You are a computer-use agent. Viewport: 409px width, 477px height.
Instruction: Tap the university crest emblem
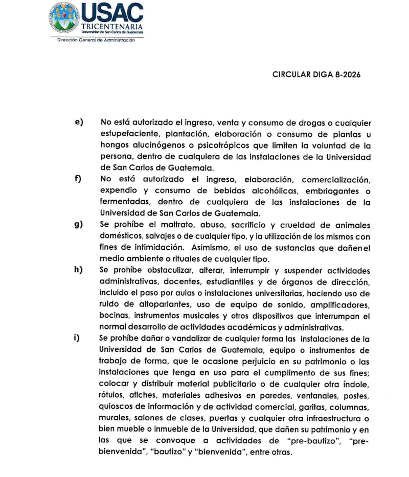tap(65, 19)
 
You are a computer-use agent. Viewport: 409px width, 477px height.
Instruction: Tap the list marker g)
tap(79, 225)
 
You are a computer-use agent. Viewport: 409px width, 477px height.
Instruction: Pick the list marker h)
tap(79, 270)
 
